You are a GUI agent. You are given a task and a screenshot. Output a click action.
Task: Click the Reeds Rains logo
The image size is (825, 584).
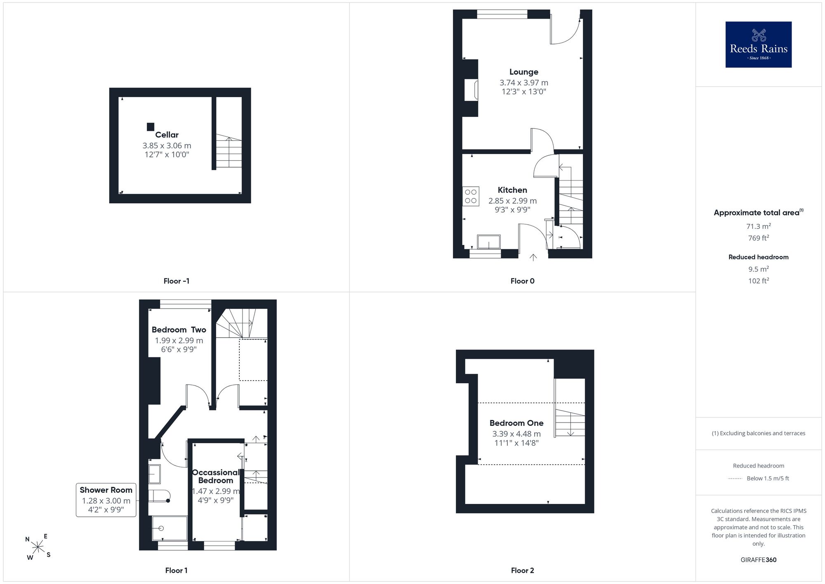pyautogui.click(x=758, y=45)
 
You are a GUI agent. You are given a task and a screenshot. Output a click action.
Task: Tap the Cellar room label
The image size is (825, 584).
pyautogui.click(x=167, y=135)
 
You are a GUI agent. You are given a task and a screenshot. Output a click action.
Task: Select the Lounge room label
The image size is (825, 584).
pyautogui.click(x=523, y=72)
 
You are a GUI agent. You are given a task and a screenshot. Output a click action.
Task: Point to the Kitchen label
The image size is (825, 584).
pyautogui.click(x=512, y=190)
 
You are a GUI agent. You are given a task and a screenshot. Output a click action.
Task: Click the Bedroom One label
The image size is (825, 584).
pyautogui.click(x=516, y=423)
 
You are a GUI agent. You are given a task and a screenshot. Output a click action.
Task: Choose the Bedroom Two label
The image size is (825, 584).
pyautogui.click(x=179, y=330)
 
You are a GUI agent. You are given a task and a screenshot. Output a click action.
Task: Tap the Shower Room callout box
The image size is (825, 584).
pyautogui.click(x=106, y=500)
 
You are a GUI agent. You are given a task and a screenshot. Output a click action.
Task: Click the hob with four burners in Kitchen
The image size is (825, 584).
pyautogui.click(x=471, y=196)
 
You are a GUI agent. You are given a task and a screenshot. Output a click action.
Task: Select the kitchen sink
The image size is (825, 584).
pyautogui.click(x=488, y=242)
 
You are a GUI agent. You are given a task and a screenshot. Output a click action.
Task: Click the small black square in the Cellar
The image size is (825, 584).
pyautogui.click(x=151, y=127)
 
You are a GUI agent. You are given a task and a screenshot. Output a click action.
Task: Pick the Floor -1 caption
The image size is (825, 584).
pyautogui.click(x=176, y=281)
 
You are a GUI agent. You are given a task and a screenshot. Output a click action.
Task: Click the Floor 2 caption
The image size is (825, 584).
pyautogui.click(x=522, y=570)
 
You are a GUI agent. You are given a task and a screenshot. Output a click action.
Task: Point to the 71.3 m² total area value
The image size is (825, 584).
pyautogui.click(x=758, y=226)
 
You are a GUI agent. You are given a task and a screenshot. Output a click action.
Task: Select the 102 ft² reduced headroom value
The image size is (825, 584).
pyautogui.click(x=758, y=280)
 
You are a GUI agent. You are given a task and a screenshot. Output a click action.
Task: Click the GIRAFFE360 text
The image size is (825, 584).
pyautogui.click(x=758, y=560)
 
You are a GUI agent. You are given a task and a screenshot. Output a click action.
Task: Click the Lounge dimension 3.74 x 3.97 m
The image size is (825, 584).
pyautogui.click(x=523, y=83)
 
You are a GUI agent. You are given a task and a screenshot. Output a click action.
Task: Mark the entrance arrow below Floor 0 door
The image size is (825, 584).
pyautogui.click(x=533, y=257)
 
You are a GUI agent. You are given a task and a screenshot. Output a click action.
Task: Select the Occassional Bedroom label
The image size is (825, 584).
pyautogui.click(x=215, y=476)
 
